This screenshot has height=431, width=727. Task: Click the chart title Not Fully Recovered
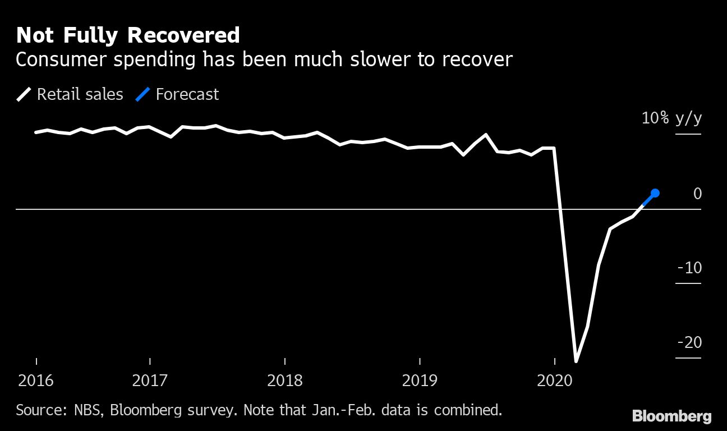coord(128,35)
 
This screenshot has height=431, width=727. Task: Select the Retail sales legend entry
coord(70,94)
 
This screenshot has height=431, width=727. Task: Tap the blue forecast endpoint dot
coord(655,193)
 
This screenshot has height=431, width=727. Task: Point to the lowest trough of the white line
coord(576,360)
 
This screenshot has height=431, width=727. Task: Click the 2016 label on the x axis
coord(36,380)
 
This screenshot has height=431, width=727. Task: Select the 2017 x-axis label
coord(149,380)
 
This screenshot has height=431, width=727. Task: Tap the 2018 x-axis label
coord(285,380)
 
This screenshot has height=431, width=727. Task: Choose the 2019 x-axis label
coord(420,380)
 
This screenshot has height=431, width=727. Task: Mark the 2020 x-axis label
coord(554,380)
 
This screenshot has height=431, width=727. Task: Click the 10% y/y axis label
coord(671,118)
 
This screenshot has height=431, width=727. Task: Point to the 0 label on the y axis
coord(697,194)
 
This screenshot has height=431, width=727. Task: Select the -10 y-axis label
coord(689,268)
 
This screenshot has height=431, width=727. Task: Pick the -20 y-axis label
coord(689,342)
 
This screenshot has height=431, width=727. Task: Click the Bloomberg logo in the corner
coord(671,416)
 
